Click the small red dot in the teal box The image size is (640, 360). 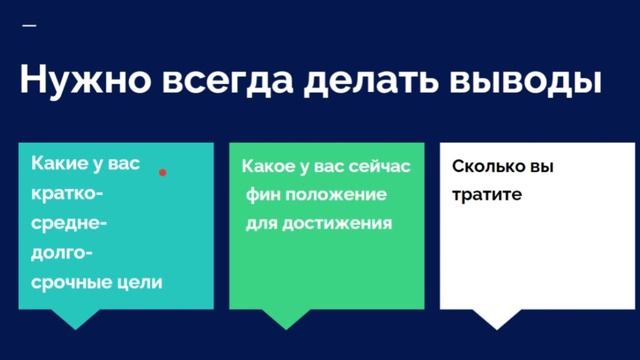(x=163, y=172)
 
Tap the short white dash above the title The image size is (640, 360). (x=28, y=24)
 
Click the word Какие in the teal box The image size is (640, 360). (x=60, y=163)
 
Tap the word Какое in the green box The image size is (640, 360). (x=268, y=165)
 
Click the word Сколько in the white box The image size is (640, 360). (x=488, y=167)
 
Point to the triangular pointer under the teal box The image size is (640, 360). (x=74, y=318)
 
